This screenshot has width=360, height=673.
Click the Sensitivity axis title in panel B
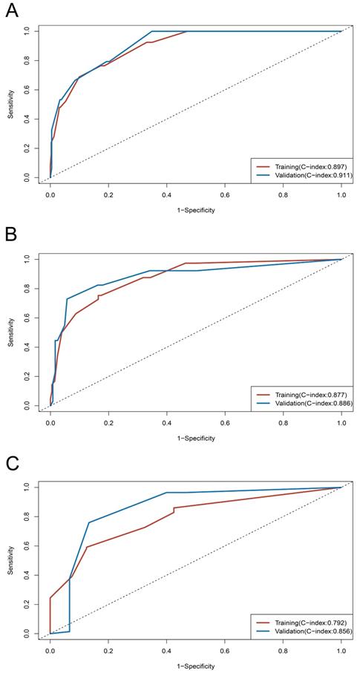pyautogui.click(x=10, y=332)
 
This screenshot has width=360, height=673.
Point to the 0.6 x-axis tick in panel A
pyautogui.click(x=225, y=194)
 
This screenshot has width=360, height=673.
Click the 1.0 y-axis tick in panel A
pyautogui.click(x=27, y=31)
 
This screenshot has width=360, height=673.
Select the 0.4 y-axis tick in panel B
pyautogui.click(x=27, y=347)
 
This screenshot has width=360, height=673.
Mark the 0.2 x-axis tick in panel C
pyautogui.click(x=108, y=650)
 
